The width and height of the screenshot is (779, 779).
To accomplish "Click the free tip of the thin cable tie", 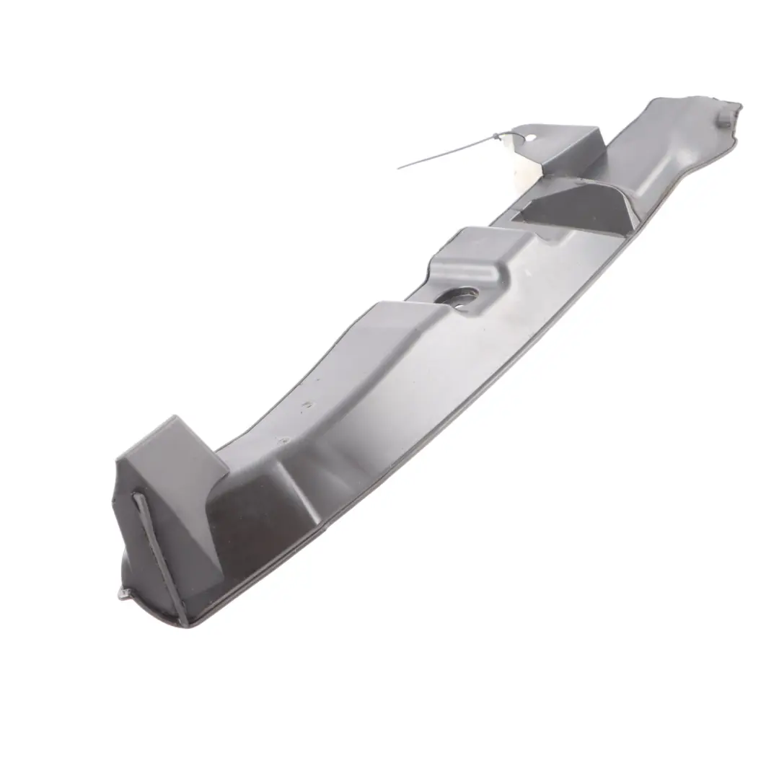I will pos(399,168).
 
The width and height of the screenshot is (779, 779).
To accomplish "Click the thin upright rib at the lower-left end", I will pos(160,555).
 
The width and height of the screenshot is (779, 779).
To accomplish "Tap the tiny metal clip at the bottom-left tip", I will pos(124,593).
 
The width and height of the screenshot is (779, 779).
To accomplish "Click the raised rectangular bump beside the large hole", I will pos(472,252).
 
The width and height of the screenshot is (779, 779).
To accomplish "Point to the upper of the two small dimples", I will pos(308,405).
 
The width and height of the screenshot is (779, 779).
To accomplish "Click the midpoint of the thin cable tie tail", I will pos(447,152).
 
